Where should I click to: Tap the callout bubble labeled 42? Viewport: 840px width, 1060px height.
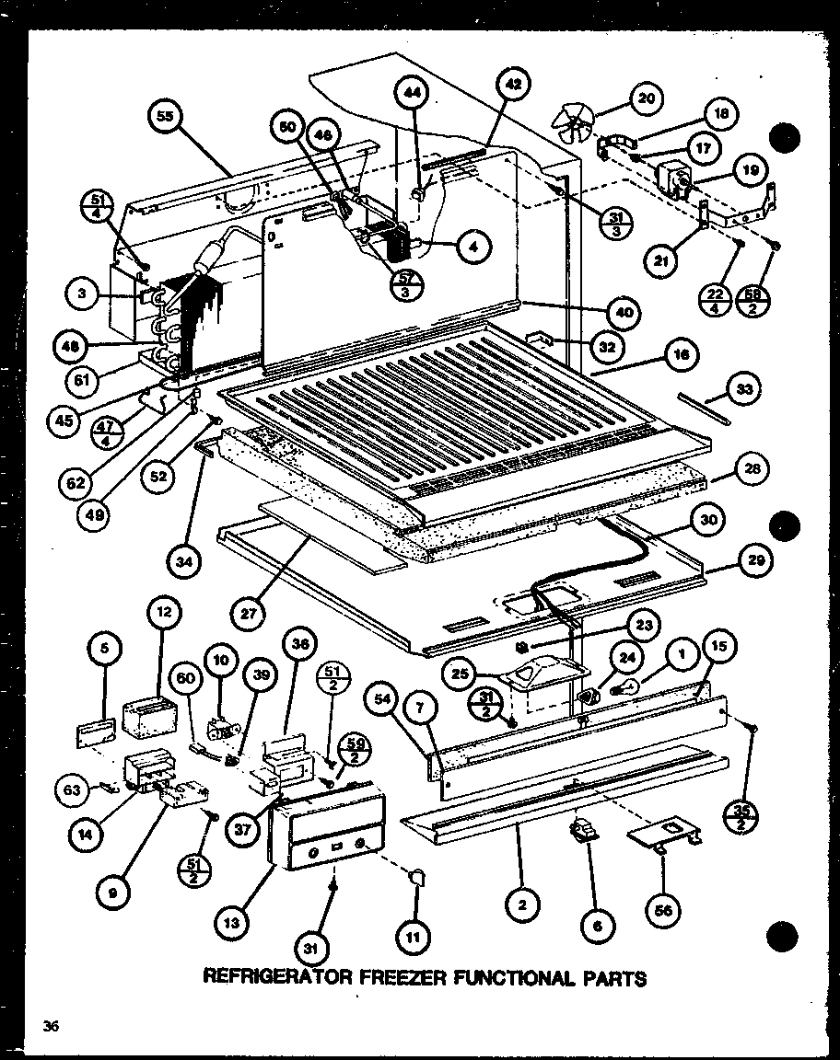click(x=512, y=85)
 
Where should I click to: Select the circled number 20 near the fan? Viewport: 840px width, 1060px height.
click(x=646, y=98)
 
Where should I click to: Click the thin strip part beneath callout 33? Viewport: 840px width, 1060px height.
click(x=706, y=407)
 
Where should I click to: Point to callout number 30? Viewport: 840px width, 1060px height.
click(x=706, y=519)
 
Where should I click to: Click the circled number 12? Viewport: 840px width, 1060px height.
click(x=163, y=611)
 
